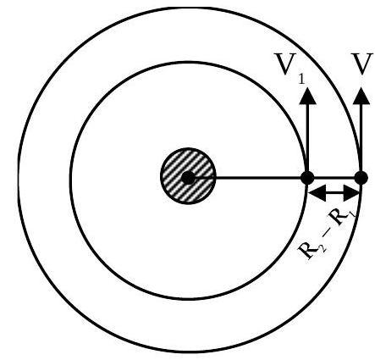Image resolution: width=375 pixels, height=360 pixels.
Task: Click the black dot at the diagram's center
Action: pos(188,178)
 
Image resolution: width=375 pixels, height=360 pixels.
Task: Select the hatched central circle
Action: pos(188,176)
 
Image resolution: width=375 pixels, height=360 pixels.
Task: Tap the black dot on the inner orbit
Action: pos(307,178)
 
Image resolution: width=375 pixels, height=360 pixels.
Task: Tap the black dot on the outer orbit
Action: pos(361,178)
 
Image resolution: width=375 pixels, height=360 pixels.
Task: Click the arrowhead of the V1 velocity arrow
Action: pos(307,97)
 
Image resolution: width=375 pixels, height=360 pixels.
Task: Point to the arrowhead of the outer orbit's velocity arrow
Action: pos(361,97)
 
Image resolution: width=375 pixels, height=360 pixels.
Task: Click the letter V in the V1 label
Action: pos(285,64)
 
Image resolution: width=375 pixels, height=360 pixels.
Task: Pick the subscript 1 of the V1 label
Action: pos(301,80)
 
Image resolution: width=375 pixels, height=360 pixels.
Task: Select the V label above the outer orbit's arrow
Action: pos(362,64)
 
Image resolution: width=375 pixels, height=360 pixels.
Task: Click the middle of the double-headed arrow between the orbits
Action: pos(334,193)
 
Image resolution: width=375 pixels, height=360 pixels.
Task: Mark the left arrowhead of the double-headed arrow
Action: pos(317,193)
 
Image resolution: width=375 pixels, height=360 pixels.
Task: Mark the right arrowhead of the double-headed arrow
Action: pos(351,193)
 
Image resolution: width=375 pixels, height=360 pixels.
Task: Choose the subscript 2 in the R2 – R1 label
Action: pos(322,248)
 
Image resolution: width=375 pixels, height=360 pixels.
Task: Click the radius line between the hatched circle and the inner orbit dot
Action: pos(258,178)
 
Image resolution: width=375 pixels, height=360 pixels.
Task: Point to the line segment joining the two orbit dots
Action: pos(334,178)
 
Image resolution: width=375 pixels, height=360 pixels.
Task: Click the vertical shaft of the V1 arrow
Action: pos(307,138)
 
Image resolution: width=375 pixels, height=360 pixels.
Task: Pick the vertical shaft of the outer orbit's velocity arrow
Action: pos(361,138)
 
